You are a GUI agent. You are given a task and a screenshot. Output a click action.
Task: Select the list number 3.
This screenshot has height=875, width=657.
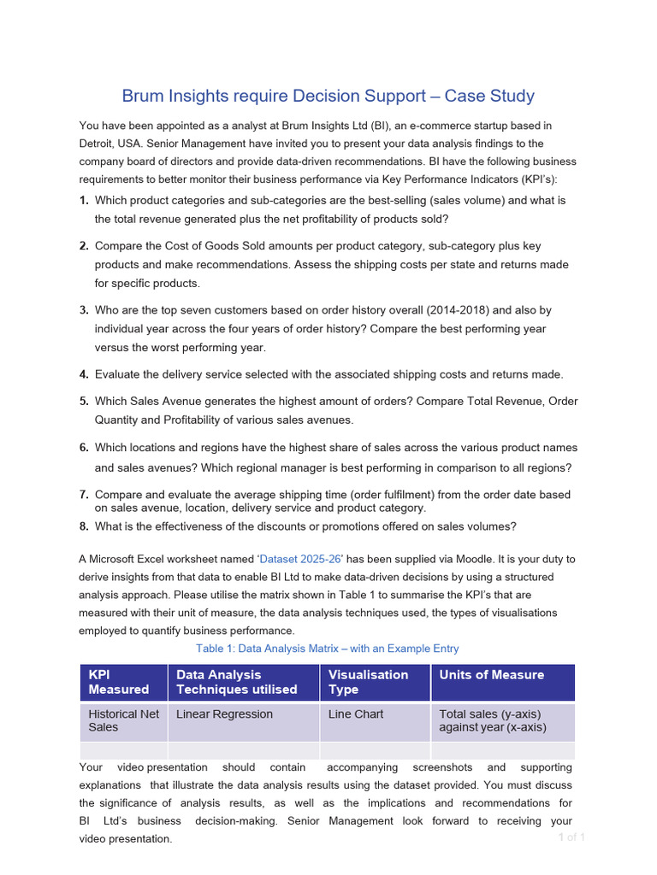coord(84,310)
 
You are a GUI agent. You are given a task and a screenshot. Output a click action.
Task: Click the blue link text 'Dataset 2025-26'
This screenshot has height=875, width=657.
coord(299,559)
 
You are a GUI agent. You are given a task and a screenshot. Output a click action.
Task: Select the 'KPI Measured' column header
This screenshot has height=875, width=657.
coord(119,682)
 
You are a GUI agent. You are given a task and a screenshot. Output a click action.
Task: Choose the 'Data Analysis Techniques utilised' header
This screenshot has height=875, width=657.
coord(237,682)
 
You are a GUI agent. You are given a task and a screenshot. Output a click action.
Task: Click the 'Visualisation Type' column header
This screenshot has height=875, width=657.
coord(369,682)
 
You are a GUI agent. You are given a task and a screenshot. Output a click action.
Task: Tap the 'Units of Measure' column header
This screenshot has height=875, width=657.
coord(491,675)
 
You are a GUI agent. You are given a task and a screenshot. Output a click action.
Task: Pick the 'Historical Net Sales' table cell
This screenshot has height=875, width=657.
coord(123,720)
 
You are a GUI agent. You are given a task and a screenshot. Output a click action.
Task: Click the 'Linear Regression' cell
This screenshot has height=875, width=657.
coord(224,714)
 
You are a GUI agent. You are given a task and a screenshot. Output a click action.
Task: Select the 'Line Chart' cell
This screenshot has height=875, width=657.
coord(356,714)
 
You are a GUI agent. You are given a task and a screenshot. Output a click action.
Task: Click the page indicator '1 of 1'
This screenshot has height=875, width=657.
coord(571,837)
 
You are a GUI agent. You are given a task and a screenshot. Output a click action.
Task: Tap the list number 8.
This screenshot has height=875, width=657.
coord(84,526)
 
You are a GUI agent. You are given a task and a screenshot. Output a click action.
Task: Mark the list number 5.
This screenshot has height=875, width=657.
coord(84,401)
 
